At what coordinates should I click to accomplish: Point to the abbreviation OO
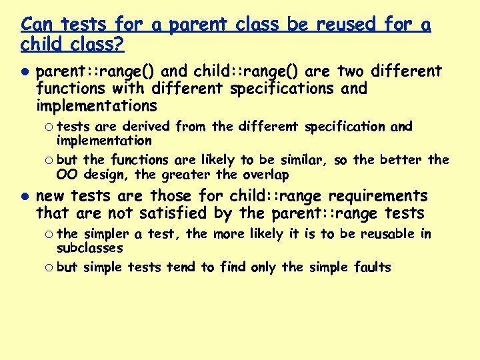coord(67,175)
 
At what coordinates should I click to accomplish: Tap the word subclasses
coord(89,248)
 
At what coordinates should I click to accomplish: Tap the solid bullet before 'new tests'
coord(24,197)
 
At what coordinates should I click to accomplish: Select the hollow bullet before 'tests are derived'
coord(50,127)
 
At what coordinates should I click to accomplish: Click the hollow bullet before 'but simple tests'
coord(50,268)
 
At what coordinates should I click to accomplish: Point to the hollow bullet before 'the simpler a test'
coord(50,234)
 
